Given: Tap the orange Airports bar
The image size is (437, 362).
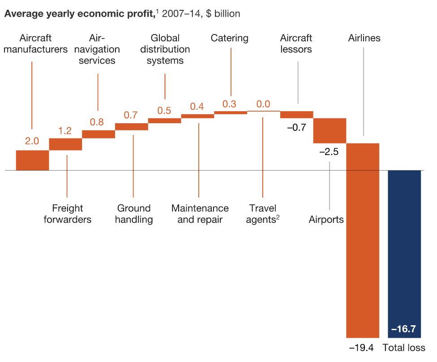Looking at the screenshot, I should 330,130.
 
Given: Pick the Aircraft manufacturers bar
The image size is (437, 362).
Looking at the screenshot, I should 32,160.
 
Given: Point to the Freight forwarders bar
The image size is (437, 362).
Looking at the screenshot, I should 65,144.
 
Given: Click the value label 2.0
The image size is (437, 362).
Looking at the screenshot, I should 32,141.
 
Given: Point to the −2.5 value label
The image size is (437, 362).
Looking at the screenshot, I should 329,151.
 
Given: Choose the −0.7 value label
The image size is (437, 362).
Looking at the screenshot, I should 296,127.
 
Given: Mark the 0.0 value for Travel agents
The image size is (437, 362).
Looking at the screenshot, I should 263,104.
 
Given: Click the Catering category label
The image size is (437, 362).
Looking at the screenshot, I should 230,38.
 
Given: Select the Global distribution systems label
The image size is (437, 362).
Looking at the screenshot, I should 164,49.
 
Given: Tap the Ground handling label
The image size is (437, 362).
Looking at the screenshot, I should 134,214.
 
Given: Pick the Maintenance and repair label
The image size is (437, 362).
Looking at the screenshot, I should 200,214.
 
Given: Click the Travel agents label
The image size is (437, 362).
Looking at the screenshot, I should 263,214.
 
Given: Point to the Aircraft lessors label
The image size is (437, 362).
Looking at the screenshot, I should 296,43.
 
